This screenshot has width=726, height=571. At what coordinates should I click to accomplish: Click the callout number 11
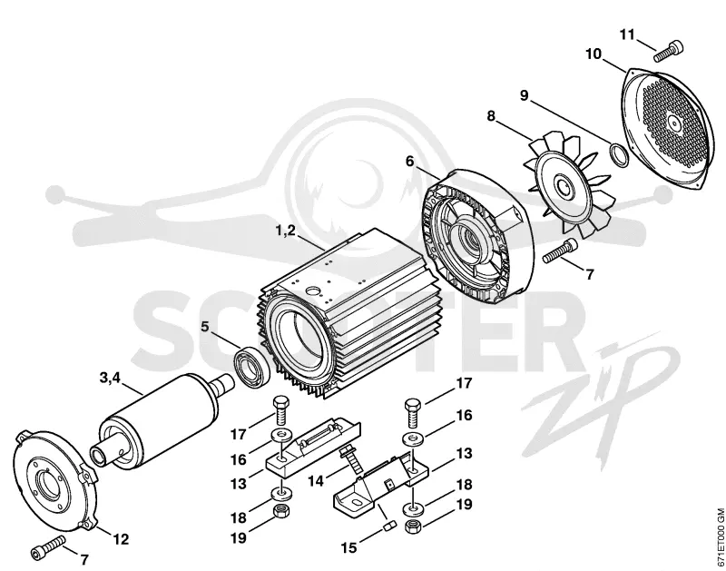(627, 34)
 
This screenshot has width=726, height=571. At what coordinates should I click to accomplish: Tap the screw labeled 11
(669, 51)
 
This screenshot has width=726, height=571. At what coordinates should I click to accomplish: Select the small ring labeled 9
(618, 154)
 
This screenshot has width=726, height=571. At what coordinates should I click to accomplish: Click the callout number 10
(594, 54)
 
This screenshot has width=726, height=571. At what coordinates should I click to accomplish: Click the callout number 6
(410, 162)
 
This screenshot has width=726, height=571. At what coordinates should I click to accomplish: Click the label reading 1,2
(286, 231)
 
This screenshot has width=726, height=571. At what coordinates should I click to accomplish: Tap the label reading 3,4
(110, 378)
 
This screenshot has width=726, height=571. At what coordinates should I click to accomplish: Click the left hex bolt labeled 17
(281, 410)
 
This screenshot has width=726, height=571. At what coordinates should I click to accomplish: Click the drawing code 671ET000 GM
(720, 537)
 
